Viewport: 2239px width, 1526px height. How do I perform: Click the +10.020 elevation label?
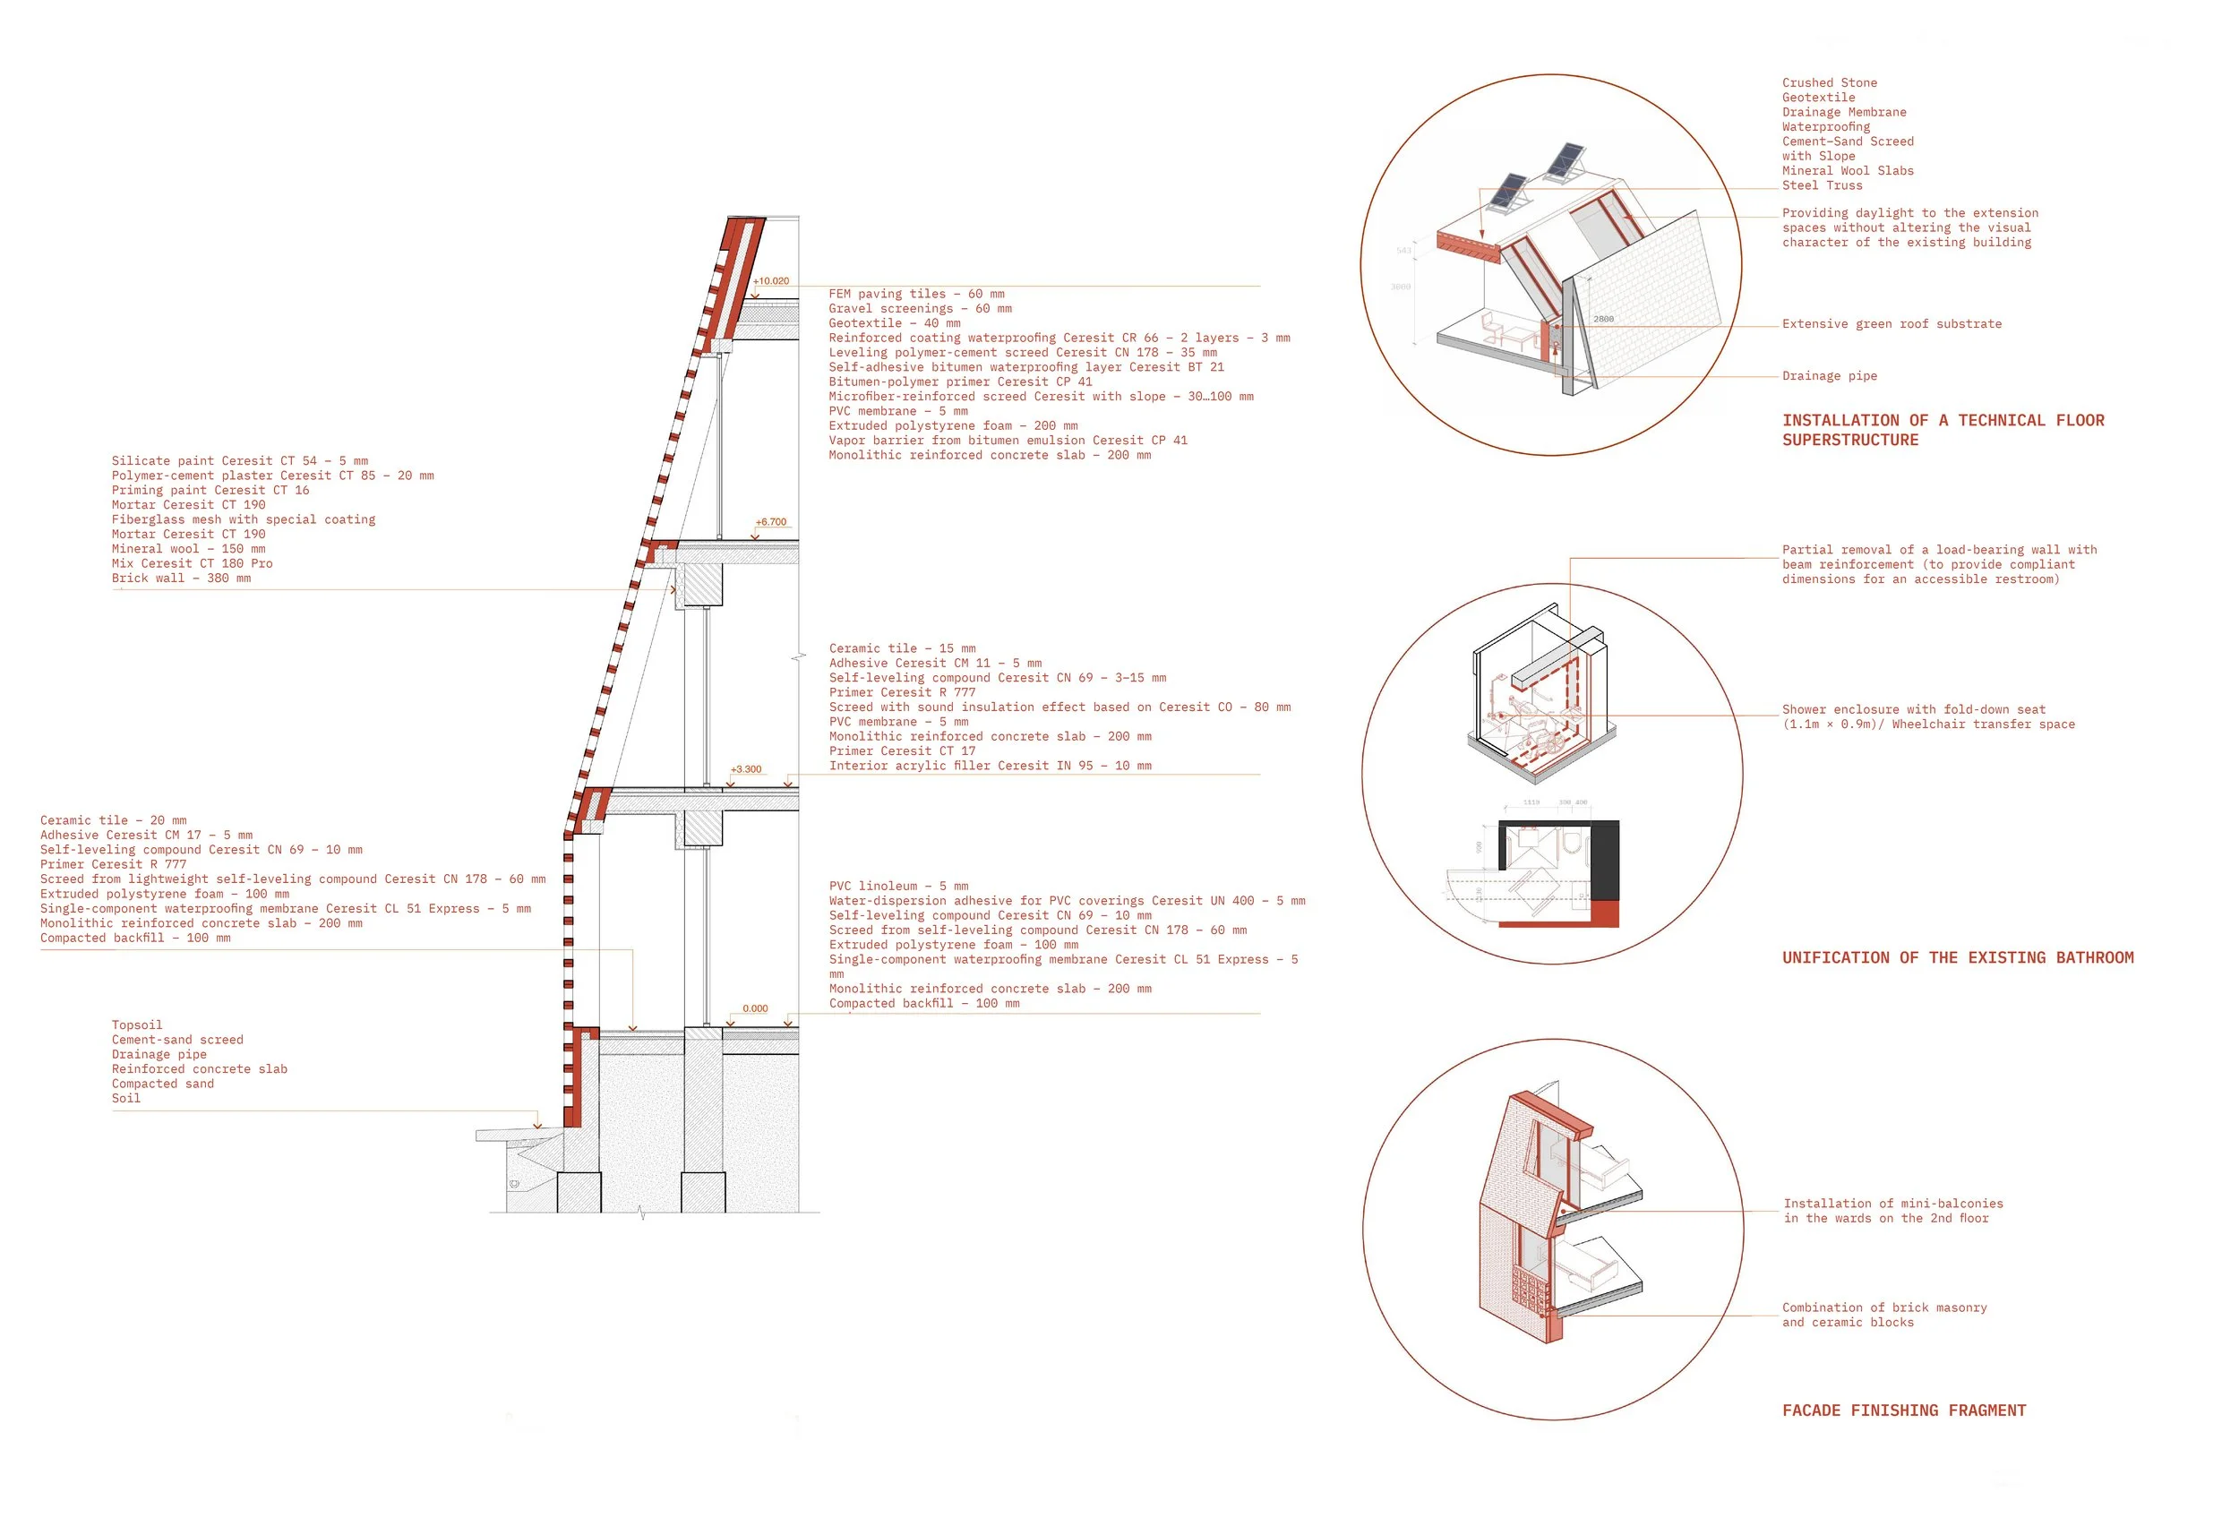tap(771, 281)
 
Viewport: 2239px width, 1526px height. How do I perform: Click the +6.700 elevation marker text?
tap(771, 522)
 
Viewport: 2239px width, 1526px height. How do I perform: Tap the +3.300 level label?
tap(746, 770)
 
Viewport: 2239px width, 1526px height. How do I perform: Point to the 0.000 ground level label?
tap(755, 1008)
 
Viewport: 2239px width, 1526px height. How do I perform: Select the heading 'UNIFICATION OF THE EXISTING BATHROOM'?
tap(1957, 958)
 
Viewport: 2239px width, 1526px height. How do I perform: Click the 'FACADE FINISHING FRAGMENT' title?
tap(1904, 1410)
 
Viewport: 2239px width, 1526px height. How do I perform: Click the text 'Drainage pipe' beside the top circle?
tap(1829, 376)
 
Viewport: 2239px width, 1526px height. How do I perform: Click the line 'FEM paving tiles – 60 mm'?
tap(916, 294)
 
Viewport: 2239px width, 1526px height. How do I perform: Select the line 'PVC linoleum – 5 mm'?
tap(899, 887)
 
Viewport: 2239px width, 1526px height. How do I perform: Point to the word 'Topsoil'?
tap(137, 1025)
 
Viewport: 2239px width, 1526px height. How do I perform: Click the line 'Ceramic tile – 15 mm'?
tap(902, 648)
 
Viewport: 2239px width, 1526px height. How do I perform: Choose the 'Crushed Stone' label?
tap(1829, 83)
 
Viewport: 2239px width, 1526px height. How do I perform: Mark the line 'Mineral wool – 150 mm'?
tap(189, 549)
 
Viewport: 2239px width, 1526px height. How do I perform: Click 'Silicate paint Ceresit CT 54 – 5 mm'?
tap(240, 461)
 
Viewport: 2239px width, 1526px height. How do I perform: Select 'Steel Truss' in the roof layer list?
tap(1822, 186)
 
